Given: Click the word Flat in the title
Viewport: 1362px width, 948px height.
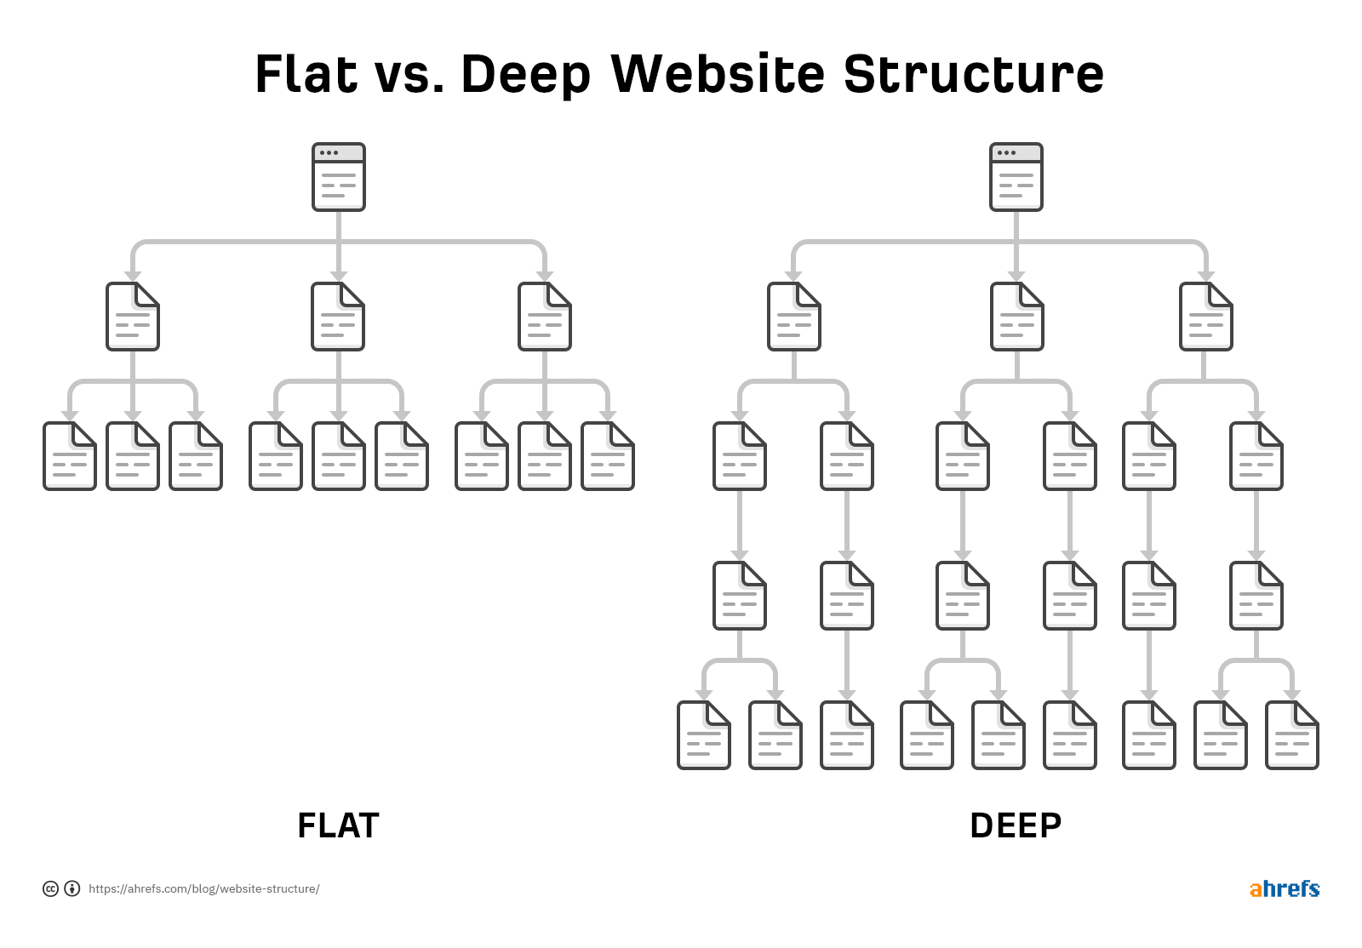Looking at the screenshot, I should pyautogui.click(x=306, y=74).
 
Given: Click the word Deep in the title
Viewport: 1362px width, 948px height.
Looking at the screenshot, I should pyautogui.click(x=525, y=75).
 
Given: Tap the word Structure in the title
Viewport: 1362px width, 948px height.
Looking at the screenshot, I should pyautogui.click(x=973, y=74).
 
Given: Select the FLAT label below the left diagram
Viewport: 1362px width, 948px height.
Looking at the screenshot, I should pyautogui.click(x=338, y=825).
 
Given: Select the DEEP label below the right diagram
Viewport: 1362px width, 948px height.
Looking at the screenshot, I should pyautogui.click(x=1016, y=825).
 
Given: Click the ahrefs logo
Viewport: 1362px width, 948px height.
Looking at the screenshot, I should pyautogui.click(x=1284, y=888).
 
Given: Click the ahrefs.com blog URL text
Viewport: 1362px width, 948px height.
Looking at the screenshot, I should pyautogui.click(x=204, y=888).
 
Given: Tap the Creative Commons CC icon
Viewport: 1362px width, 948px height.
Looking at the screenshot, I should pyautogui.click(x=51, y=888).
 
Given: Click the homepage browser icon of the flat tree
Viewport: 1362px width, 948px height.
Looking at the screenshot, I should pyautogui.click(x=339, y=177).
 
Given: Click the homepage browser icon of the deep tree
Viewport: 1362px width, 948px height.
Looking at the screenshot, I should pyautogui.click(x=1016, y=177).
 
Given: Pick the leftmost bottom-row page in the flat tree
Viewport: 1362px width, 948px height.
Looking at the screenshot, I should pyautogui.click(x=70, y=456).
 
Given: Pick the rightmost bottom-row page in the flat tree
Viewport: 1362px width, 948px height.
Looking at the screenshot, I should pyautogui.click(x=608, y=456).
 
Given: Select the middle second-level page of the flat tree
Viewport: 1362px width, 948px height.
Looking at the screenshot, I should pyautogui.click(x=339, y=317).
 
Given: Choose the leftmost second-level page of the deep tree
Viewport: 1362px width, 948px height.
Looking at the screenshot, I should pyautogui.click(x=794, y=317).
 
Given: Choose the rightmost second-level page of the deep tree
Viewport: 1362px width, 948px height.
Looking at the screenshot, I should pyautogui.click(x=1206, y=317).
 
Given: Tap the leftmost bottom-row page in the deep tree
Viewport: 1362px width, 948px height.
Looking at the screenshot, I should pyautogui.click(x=704, y=735).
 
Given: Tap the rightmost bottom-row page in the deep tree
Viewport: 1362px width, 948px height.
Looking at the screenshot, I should pyautogui.click(x=1292, y=735).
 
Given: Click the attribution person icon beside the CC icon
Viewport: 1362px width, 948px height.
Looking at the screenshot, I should pyautogui.click(x=72, y=888).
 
